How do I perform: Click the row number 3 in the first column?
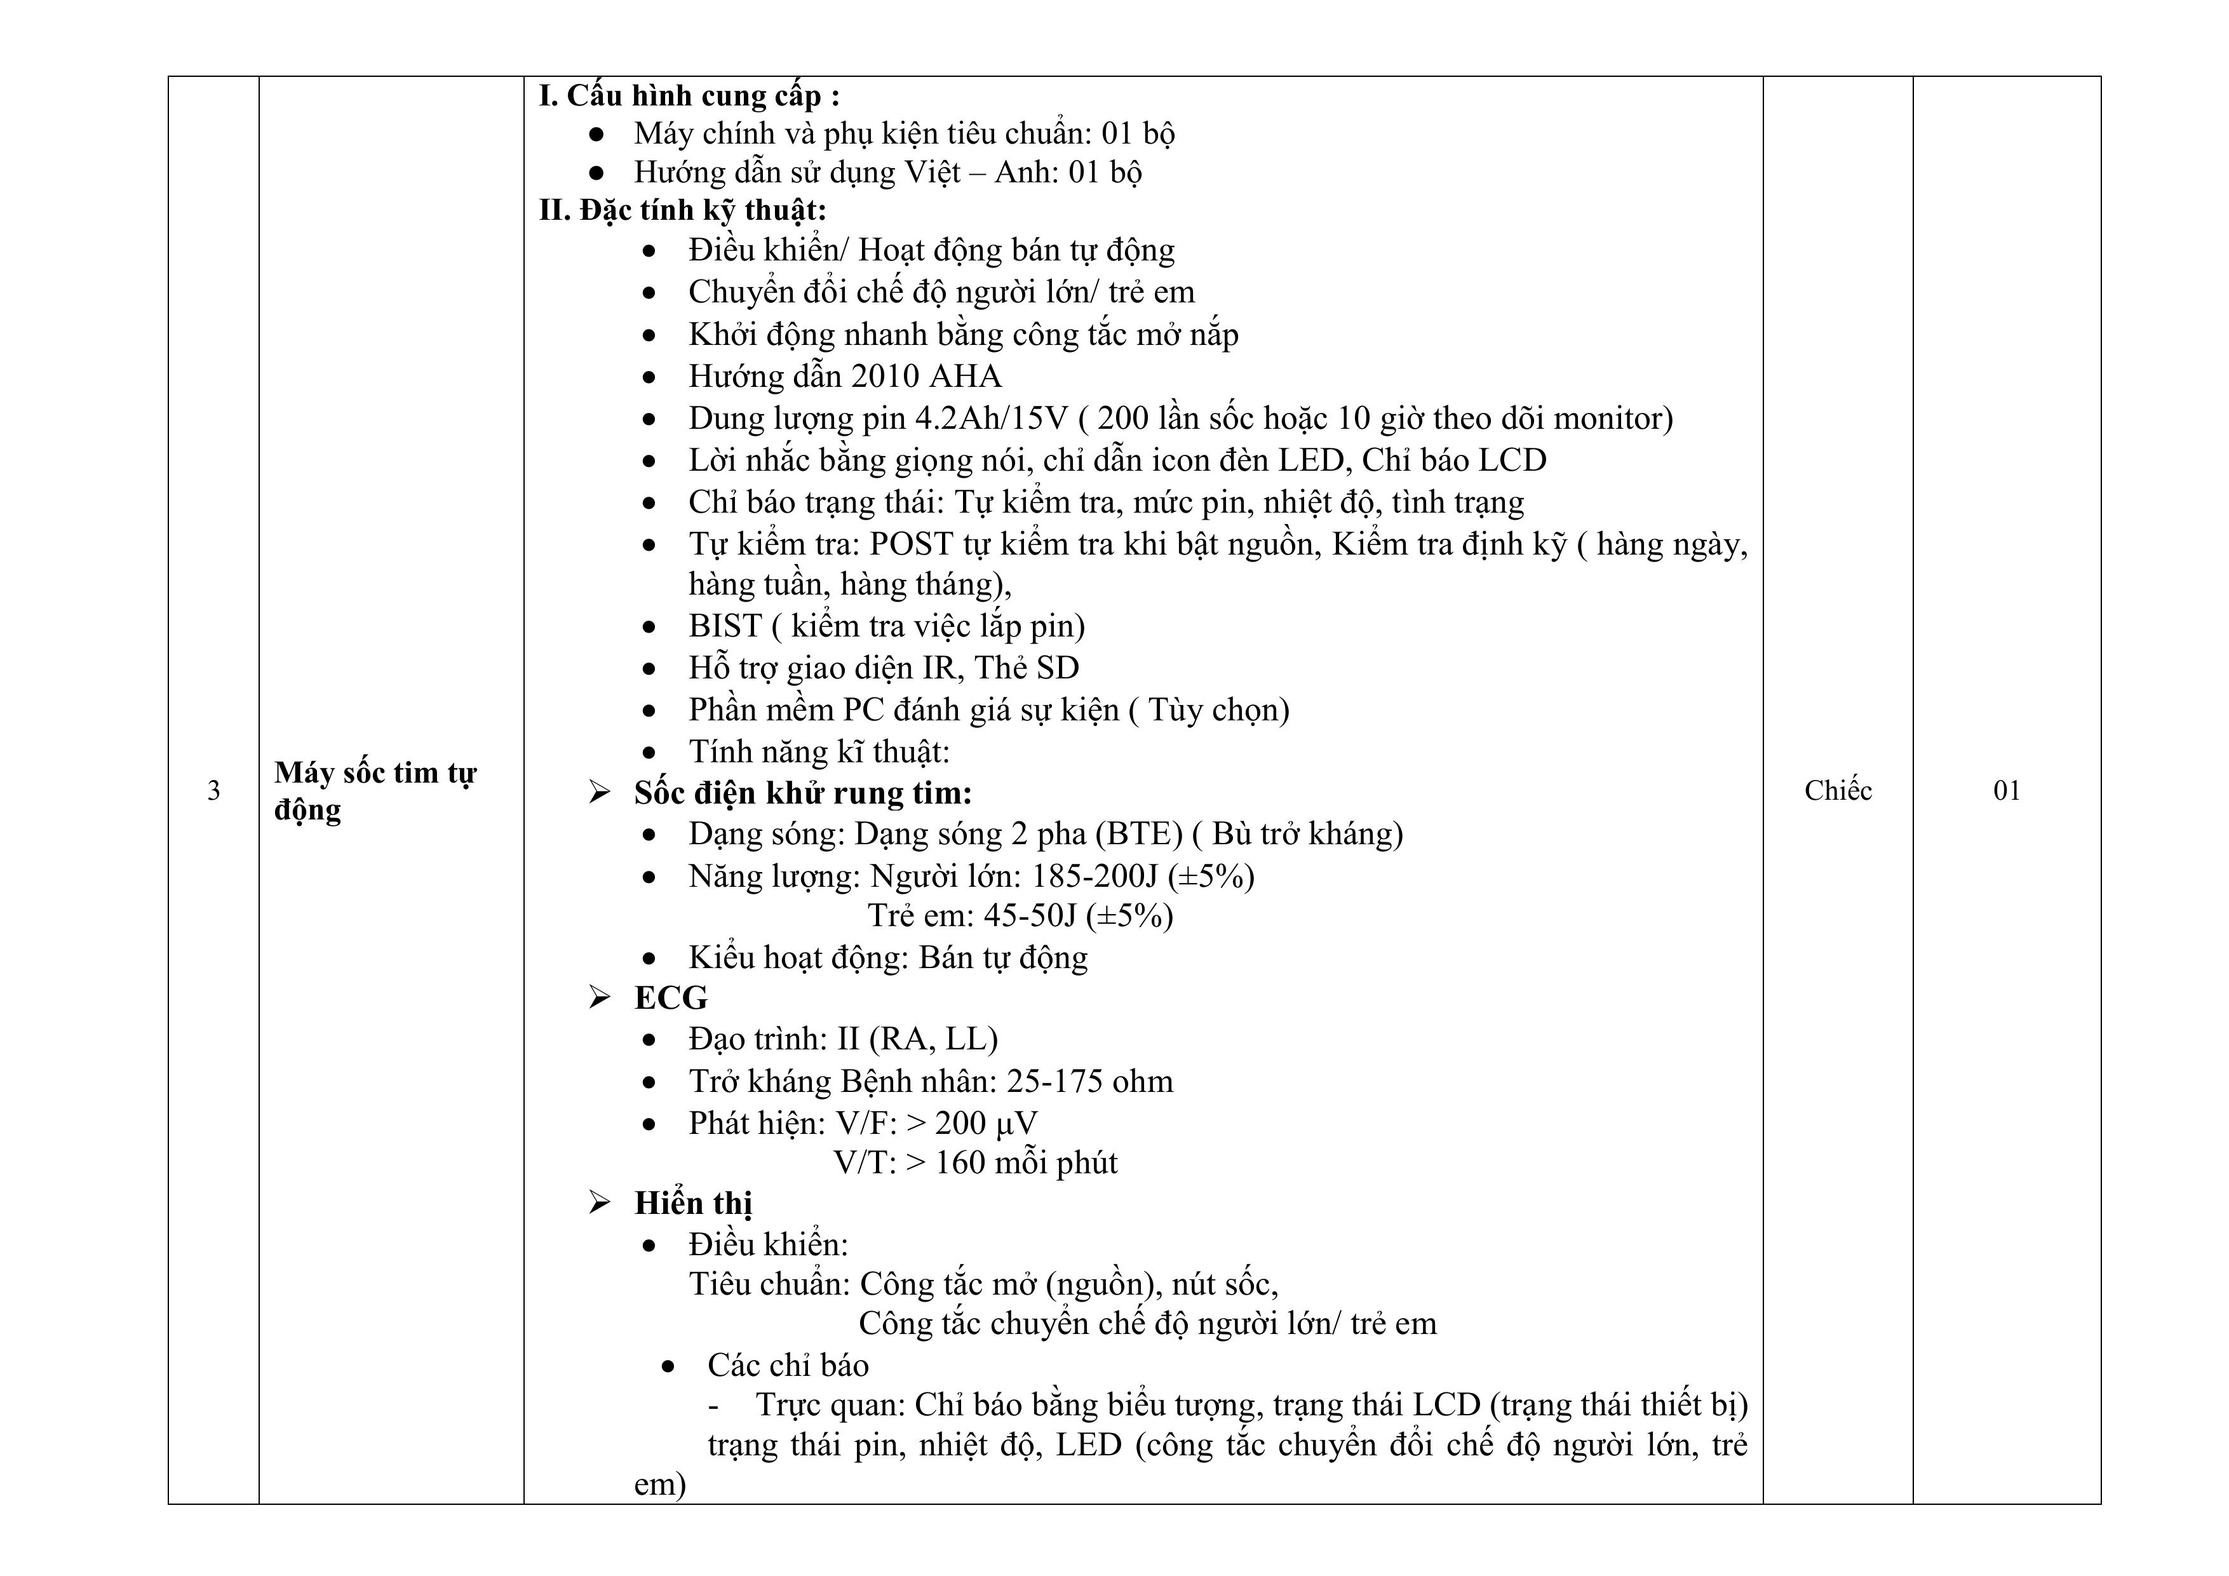tap(213, 790)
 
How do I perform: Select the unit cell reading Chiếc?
tap(1837, 790)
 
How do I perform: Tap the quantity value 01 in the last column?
tap(2005, 790)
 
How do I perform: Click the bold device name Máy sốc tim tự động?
tap(375, 790)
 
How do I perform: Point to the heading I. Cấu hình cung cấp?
tap(689, 96)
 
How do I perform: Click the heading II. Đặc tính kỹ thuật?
tap(682, 210)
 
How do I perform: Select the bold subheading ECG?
tap(671, 998)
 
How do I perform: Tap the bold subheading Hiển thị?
tap(693, 1203)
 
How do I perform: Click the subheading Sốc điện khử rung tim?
tap(803, 793)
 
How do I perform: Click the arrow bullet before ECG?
tap(599, 997)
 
